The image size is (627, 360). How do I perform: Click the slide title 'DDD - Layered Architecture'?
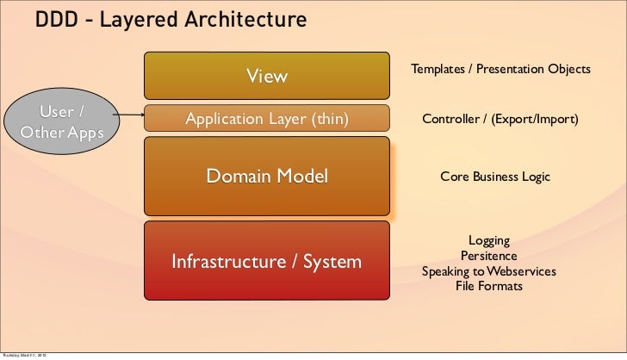171,19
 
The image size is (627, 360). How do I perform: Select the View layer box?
267,76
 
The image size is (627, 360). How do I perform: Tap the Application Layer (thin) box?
267,119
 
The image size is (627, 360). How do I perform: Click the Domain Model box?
267,177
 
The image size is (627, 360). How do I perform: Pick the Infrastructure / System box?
267,261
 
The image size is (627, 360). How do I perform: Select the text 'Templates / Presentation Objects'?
500,68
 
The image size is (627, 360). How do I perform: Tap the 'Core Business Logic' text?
494,177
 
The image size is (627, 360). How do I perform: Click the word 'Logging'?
488,241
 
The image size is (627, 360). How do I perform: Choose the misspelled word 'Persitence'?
488,256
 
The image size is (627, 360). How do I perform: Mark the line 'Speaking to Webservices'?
488,271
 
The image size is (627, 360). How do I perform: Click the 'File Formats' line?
488,286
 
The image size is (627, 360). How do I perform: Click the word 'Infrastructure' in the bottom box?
226,261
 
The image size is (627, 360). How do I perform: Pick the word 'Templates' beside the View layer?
439,68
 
